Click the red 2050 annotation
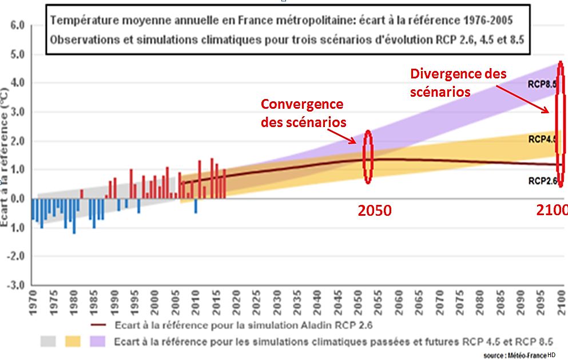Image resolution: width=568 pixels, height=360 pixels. (x=375, y=211)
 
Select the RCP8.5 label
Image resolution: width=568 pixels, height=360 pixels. (x=542, y=83)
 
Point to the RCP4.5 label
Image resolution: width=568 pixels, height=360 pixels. (x=542, y=139)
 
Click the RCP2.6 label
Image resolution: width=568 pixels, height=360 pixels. (x=542, y=181)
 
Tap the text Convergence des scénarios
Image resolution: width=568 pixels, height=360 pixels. (x=303, y=113)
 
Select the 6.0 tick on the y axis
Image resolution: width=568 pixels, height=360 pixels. (x=17, y=26)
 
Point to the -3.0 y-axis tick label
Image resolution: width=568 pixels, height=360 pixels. (x=15, y=285)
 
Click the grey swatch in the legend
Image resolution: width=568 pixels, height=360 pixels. (x=49, y=342)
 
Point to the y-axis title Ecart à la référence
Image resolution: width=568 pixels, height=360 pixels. (x=7, y=166)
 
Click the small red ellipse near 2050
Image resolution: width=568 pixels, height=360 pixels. (x=368, y=156)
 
